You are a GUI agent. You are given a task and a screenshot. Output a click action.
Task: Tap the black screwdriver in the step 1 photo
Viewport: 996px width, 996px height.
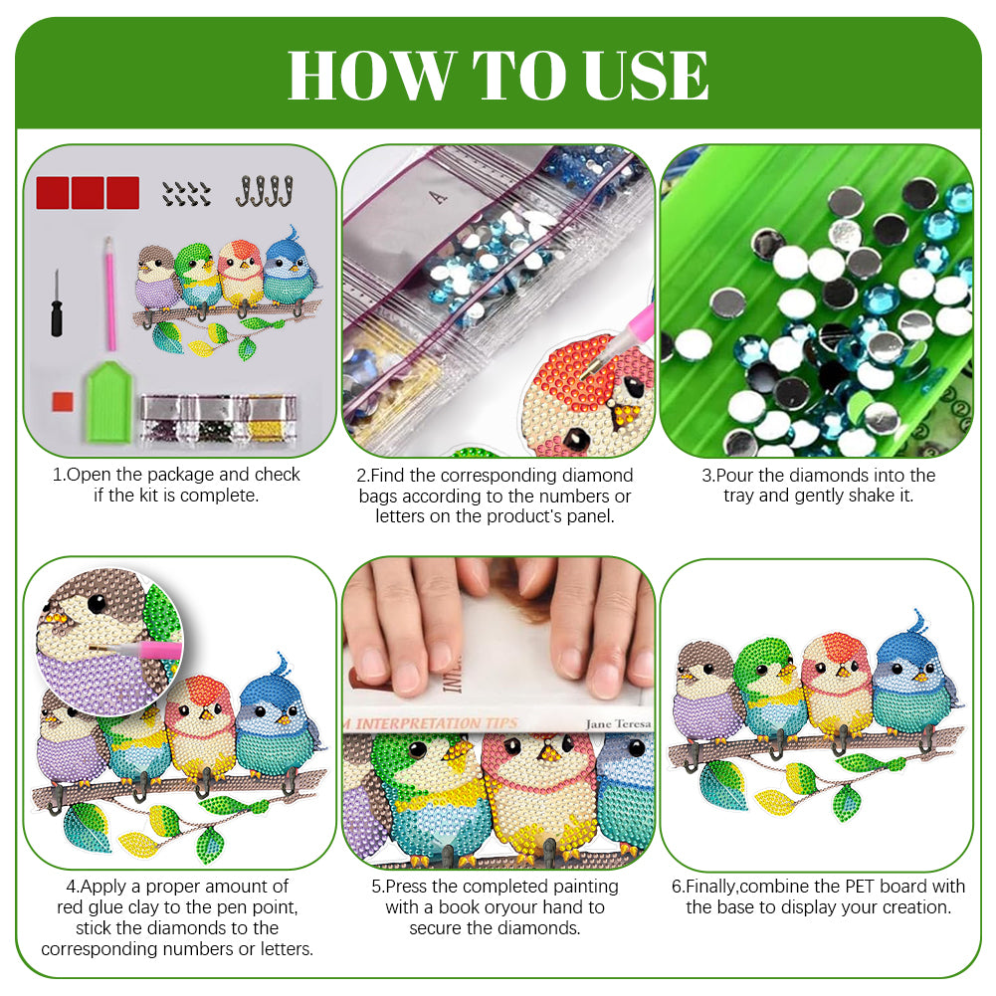point(57,303)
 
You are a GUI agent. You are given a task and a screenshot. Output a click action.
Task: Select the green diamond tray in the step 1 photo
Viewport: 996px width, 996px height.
point(108,403)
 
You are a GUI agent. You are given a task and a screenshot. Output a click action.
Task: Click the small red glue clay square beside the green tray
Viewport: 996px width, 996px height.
point(63,401)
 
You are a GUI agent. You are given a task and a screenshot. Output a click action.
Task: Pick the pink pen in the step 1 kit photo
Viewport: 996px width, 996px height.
point(109,294)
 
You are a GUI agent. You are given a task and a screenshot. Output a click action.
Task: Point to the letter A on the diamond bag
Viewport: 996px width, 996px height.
point(438,197)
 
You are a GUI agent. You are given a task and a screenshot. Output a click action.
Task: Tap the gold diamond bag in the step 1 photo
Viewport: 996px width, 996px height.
point(273,419)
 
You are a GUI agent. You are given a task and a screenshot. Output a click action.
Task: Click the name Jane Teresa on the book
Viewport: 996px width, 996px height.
point(618,723)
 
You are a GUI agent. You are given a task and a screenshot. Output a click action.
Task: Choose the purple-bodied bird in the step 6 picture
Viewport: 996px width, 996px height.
point(706,693)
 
